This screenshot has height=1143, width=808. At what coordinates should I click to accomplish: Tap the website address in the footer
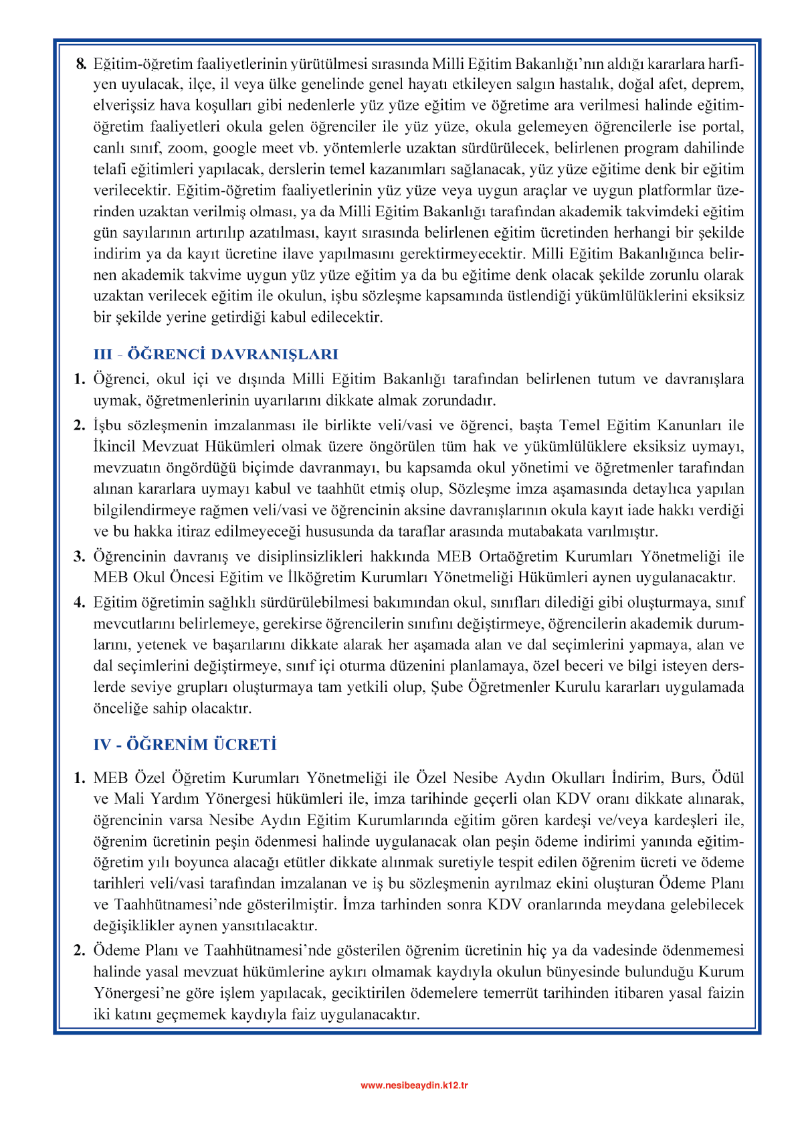click(x=414, y=1085)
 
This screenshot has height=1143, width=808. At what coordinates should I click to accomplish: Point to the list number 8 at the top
click(x=81, y=64)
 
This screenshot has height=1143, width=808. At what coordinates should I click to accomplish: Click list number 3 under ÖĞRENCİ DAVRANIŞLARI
click(x=80, y=556)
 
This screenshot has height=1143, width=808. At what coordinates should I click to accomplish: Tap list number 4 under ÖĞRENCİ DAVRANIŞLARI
click(x=80, y=602)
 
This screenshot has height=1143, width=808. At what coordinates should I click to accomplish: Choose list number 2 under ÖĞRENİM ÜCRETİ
click(x=80, y=950)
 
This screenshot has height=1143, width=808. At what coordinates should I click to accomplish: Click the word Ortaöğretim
click(x=520, y=556)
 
